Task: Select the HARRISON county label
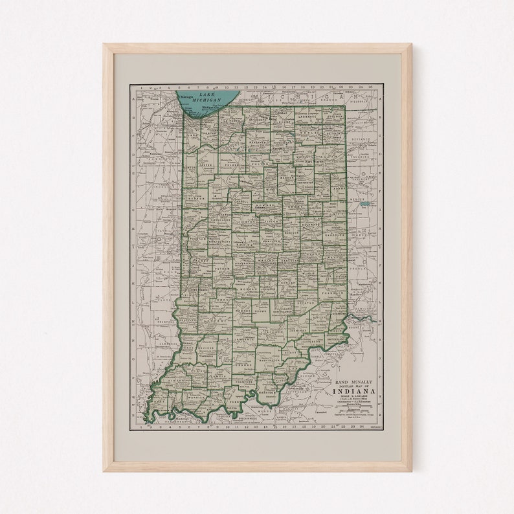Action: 267,392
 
